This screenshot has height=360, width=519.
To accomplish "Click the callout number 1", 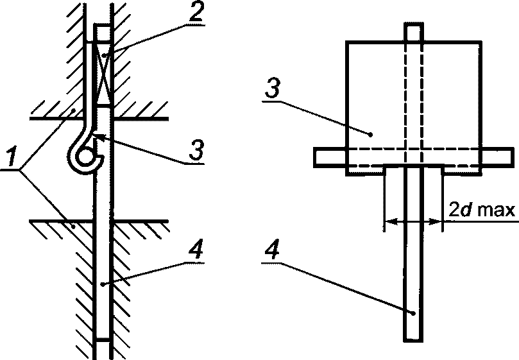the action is [x=12, y=157].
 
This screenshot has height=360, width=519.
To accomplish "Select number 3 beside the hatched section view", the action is [x=196, y=150].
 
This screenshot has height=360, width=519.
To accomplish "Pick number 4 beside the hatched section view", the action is [x=196, y=251].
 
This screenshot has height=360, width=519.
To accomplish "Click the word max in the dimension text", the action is [x=497, y=210].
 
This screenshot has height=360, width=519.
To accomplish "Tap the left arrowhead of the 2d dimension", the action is [x=391, y=221].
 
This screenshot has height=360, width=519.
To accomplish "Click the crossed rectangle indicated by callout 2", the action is [x=104, y=74].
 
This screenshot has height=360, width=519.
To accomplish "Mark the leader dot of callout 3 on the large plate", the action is [x=371, y=135].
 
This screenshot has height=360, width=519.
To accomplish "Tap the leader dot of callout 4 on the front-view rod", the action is [x=413, y=313].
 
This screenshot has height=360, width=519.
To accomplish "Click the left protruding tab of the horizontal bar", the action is [x=330, y=157].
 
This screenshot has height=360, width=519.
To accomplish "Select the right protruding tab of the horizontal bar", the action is [x=498, y=157].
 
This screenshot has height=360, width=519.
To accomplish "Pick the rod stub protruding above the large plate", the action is [x=413, y=32].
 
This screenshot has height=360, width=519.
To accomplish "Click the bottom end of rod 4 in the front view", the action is [x=413, y=341].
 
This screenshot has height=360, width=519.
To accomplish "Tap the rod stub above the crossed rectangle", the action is [x=103, y=33].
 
